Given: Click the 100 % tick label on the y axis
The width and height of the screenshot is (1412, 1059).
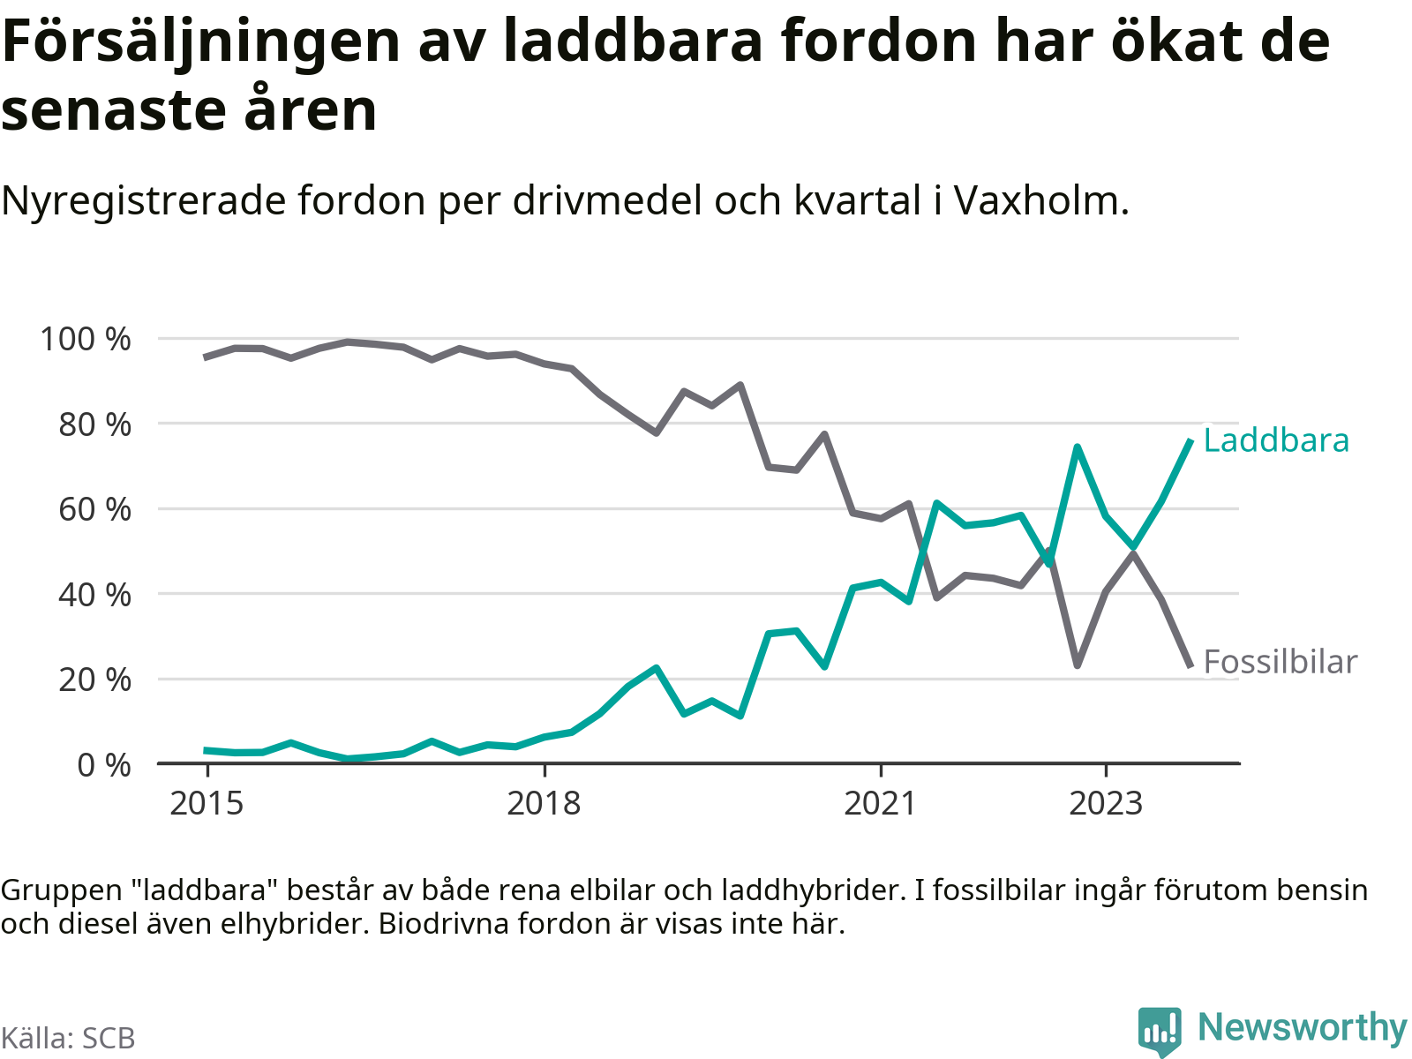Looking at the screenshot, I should tap(85, 339).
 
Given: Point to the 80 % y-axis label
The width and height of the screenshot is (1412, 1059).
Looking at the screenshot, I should tap(94, 424).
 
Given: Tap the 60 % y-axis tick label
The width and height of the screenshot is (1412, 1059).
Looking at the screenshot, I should tap(94, 509).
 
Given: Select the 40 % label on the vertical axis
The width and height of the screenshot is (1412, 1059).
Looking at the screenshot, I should tap(94, 595).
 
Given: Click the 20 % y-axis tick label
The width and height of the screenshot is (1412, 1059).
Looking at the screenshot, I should tap(94, 680).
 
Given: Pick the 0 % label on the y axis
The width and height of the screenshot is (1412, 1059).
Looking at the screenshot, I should tap(104, 765).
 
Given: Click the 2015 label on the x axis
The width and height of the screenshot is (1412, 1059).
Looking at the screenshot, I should tap(207, 804).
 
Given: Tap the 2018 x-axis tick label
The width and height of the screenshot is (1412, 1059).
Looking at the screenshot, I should tap(544, 804).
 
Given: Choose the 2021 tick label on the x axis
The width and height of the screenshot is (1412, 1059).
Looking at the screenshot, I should tap(881, 804).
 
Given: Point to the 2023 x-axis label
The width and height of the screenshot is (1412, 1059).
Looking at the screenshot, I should tap(1106, 804).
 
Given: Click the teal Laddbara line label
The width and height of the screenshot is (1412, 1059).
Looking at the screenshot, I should tap(1276, 440).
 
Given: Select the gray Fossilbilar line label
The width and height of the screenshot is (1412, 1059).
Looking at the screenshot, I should tap(1280, 662).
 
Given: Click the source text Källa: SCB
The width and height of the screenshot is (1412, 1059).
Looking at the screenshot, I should tap(68, 1038).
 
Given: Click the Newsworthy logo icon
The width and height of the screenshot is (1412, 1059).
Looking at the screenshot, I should tap(1159, 1030).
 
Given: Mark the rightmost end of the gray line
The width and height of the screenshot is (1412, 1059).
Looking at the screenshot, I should tap(1190, 665).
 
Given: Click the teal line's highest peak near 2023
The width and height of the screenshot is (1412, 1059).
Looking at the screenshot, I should tap(1078, 447).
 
